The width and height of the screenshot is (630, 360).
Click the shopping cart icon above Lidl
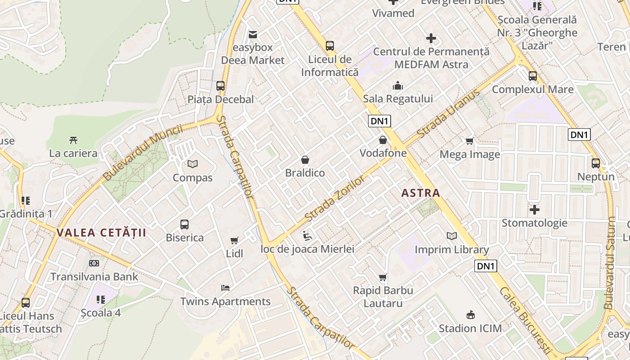coord(234,241)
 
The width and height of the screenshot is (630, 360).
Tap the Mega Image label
coord(470,154)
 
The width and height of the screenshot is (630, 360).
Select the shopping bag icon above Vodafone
coord(383,140)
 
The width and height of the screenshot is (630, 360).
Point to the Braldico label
coord(305,173)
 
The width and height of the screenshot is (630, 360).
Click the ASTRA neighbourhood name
coord(421,193)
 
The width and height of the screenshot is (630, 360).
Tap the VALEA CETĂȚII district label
coord(102,233)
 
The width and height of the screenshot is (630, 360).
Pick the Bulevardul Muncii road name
coord(143,153)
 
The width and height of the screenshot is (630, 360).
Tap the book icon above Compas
coord(193,164)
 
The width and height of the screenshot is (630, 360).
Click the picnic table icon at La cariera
coord(73,140)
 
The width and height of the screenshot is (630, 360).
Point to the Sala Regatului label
coord(398,99)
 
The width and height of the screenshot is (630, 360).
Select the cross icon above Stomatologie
coord(535,210)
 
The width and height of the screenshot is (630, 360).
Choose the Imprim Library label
coord(452,250)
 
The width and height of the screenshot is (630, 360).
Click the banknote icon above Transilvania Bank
coord(94,263)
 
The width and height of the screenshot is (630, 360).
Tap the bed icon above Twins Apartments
coord(225,288)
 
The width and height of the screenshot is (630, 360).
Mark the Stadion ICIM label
coord(470,328)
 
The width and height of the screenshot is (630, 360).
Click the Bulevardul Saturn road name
coord(610,263)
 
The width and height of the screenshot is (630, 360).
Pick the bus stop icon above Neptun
coord(596,163)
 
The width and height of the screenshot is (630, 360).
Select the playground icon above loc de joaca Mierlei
coord(307,235)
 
